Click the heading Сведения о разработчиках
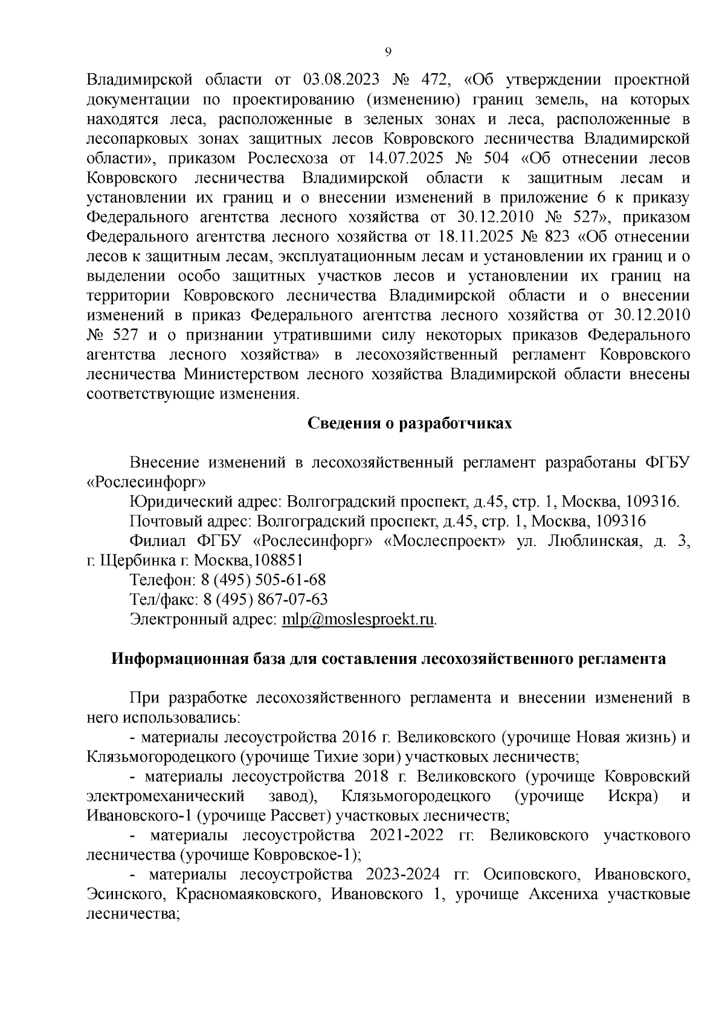[x=410, y=423]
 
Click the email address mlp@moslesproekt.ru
[x=358, y=619]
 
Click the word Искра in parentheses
[x=631, y=796]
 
